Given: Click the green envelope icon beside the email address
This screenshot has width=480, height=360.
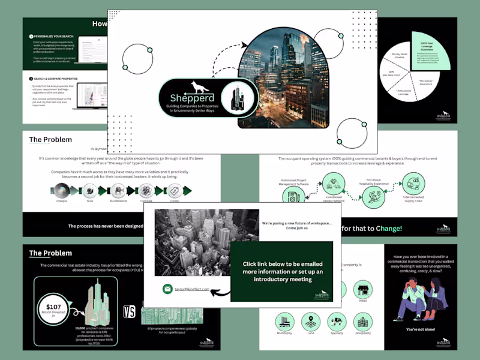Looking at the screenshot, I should point(167,289).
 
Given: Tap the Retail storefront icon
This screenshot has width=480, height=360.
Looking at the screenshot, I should point(362,290).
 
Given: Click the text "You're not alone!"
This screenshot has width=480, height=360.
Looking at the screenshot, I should point(419,329).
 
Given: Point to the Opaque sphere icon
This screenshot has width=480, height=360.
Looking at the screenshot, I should point(62,190).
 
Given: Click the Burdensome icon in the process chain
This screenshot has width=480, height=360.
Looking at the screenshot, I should point(118,190).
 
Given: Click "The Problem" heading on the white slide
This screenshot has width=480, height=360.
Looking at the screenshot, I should point(50,140).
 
